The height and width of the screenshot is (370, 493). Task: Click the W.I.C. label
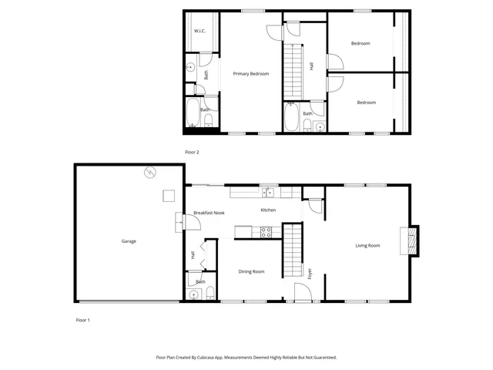coord(200,31)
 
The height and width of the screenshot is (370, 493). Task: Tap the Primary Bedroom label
coord(251,73)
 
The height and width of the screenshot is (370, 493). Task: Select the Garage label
coord(129,241)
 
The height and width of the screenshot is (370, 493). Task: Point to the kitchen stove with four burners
coord(266,230)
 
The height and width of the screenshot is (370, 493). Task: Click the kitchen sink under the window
coord(268,193)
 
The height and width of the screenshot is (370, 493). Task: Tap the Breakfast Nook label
coord(209,212)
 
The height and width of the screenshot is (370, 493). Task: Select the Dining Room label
coord(251,271)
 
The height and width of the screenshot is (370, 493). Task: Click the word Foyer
coord(311,272)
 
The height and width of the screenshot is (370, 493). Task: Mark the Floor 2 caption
coord(192,152)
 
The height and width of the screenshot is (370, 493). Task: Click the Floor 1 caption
coord(82,319)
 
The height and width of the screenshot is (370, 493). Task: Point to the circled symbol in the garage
coord(151,172)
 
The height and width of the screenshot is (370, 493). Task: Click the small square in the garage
coord(167,195)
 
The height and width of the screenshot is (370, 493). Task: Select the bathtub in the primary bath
coord(193,114)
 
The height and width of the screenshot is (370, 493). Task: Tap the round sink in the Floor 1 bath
coord(193,293)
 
